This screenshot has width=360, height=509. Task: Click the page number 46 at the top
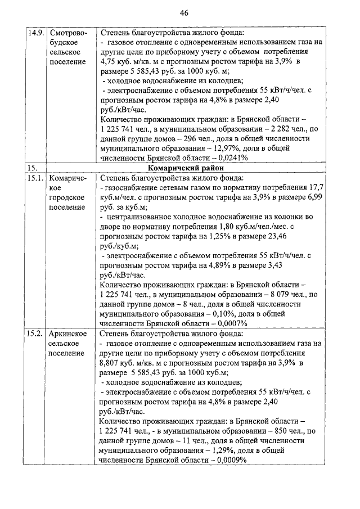coord(183,13)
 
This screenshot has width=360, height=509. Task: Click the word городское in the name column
coord(66,197)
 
